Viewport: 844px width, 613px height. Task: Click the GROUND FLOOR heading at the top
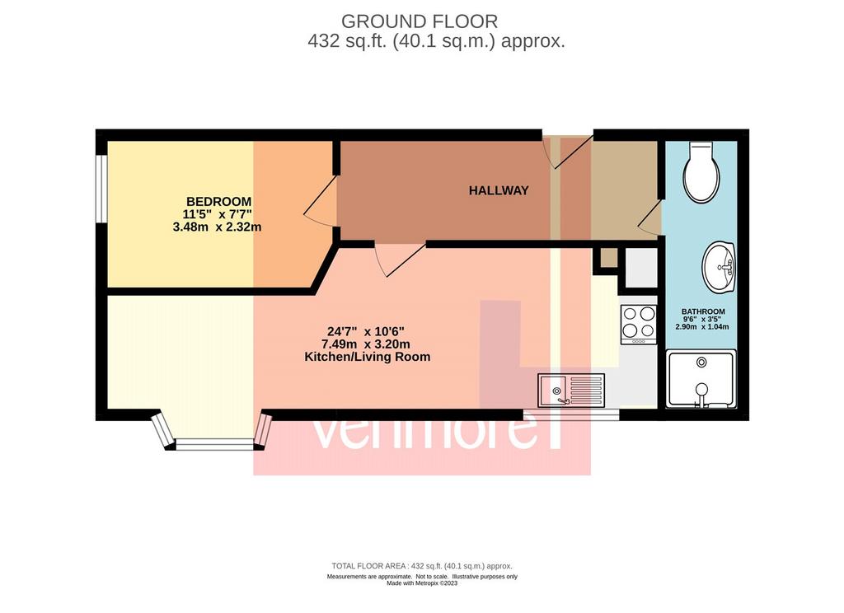(420, 21)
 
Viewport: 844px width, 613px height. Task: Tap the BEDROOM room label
(218, 202)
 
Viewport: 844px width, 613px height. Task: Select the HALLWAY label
(499, 190)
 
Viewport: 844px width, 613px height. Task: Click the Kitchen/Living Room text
(367, 357)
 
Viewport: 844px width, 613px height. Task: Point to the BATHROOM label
(703, 311)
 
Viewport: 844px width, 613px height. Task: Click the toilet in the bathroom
(701, 173)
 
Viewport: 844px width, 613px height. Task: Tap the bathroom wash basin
(719, 268)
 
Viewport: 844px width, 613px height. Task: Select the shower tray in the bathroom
(701, 378)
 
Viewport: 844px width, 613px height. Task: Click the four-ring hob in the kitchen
(639, 325)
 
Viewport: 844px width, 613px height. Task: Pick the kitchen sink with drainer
(571, 391)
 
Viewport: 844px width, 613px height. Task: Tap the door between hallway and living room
(400, 260)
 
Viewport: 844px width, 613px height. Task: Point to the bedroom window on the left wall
(101, 189)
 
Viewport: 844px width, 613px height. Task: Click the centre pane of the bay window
(213, 444)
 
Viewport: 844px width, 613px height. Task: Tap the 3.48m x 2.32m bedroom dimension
(217, 227)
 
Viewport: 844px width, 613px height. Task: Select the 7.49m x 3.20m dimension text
(365, 344)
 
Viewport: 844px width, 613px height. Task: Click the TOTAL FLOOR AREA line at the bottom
(422, 566)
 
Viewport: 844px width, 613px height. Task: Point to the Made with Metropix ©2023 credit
(422, 583)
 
